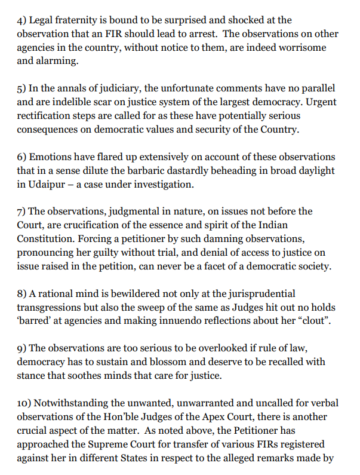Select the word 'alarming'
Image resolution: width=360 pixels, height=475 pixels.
pos(56,60)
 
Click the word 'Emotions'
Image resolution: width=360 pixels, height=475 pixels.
pos(52,157)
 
